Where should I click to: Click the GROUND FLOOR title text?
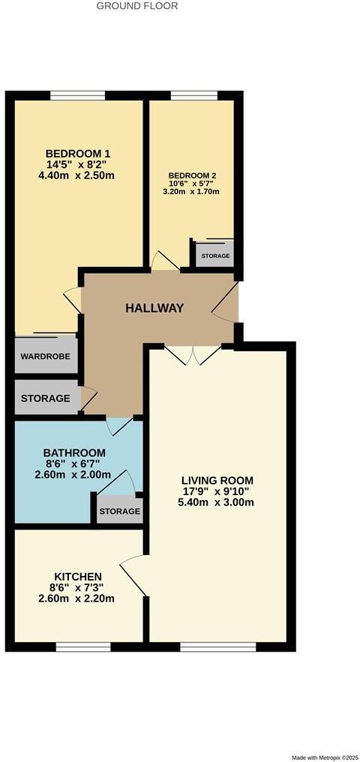pos(137,6)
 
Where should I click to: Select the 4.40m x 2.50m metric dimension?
pos(78,176)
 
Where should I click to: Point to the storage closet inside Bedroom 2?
pos(214,255)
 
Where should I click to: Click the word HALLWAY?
pos(154,308)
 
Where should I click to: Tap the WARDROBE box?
pos(46,357)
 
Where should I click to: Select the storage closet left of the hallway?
pos(46,398)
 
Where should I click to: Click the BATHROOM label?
pos(73,453)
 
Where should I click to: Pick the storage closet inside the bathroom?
pos(119,511)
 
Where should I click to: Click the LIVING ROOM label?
pos(217,480)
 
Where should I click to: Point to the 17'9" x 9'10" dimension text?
pos(217,491)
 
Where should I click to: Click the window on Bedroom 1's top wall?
pos(77,95)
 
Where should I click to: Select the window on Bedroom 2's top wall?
pos(194,95)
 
